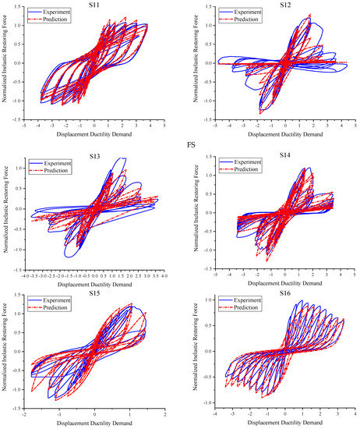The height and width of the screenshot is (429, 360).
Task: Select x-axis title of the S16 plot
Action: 286,424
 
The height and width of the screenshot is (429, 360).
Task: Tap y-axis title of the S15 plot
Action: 6,355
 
